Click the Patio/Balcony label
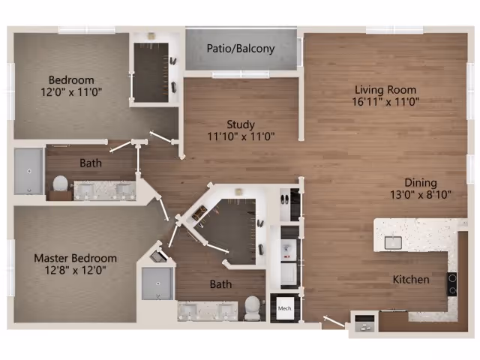[x=241, y=49]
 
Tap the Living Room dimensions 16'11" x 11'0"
[x=385, y=102]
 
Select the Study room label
[x=241, y=124]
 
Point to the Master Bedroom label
[x=75, y=258]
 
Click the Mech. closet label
[x=285, y=308]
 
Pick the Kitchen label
[x=411, y=280]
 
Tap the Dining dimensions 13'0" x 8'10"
[x=421, y=194]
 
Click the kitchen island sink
[x=393, y=243]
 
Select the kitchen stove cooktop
[x=452, y=283]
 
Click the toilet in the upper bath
[x=60, y=184]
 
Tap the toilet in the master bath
[x=253, y=308]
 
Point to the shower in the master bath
[x=157, y=283]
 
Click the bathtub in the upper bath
[x=28, y=171]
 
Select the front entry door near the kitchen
[x=334, y=322]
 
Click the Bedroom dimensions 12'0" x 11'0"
[x=71, y=91]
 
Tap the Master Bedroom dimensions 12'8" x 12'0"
[x=75, y=270]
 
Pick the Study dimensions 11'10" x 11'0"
[x=241, y=136]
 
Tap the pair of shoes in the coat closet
[x=284, y=200]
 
